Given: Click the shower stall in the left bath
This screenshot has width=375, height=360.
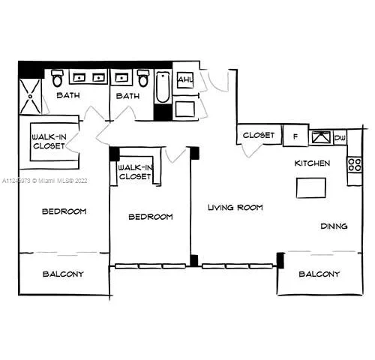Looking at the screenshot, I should [x=31, y=97].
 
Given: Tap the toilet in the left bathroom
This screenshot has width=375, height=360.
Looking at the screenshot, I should [x=58, y=79].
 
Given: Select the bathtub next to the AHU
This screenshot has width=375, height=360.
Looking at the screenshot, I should [x=163, y=88].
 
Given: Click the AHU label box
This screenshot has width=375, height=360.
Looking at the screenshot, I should [x=184, y=80].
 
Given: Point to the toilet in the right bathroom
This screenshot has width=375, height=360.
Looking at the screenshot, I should [x=143, y=79].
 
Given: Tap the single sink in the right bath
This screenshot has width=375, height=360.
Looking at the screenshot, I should [x=120, y=77].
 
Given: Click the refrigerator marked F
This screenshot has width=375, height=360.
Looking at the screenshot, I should [x=295, y=136].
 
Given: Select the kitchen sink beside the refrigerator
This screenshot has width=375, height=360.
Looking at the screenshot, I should [x=321, y=136].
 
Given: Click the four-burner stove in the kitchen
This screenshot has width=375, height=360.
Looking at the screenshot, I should [x=354, y=163].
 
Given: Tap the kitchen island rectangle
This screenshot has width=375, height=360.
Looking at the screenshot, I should [x=310, y=187].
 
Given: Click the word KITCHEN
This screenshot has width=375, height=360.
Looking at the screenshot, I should [x=312, y=163].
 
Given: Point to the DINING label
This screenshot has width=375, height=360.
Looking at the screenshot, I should [x=333, y=226].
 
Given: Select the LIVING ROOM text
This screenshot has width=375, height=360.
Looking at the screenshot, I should [x=235, y=207].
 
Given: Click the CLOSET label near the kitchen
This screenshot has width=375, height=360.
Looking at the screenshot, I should [x=259, y=136].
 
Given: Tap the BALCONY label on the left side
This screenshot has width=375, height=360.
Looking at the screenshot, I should [x=63, y=274].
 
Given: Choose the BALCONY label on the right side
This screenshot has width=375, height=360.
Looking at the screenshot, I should [x=319, y=274].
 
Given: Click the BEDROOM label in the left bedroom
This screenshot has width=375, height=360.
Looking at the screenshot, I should [x=64, y=211].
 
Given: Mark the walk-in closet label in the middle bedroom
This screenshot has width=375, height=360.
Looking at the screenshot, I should [x=136, y=172].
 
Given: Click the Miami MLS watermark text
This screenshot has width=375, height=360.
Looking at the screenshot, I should [x=44, y=181].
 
